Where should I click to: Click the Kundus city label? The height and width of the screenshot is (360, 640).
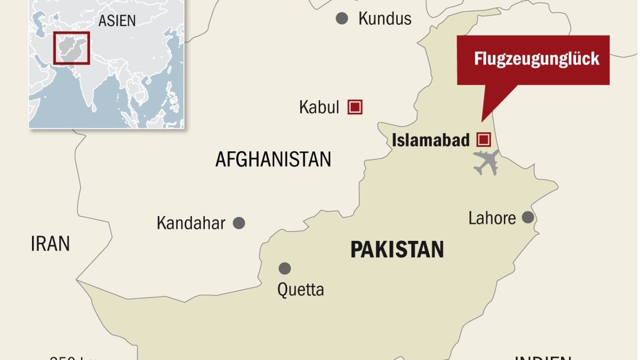click(385, 19)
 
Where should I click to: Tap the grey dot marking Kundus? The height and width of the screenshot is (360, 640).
click(342, 19)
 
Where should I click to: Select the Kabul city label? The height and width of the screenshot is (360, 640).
click(319, 107)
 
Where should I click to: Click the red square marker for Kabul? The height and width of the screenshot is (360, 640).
click(355, 107)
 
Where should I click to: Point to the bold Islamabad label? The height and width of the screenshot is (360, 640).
click(431, 140)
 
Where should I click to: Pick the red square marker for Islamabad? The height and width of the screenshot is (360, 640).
click(484, 140)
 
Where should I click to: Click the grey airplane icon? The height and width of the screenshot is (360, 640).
click(486, 162)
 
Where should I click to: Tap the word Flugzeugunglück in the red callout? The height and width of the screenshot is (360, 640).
click(537, 59)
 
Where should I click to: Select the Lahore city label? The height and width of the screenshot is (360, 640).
click(492, 218)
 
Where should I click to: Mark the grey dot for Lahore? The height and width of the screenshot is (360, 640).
click(527, 217)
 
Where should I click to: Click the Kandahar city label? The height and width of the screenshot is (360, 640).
click(191, 223)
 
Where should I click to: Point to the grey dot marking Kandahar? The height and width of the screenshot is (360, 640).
click(239, 223)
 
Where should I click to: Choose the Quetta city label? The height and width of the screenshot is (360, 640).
click(300, 290)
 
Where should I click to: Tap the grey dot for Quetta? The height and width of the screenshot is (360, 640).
click(285, 268)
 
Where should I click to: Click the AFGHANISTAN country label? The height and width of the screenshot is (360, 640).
click(273, 159)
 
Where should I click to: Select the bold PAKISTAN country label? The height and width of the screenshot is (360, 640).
click(397, 249)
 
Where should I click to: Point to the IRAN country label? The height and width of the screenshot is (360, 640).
click(50, 244)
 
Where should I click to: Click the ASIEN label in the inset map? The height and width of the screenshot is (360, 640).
click(117, 21)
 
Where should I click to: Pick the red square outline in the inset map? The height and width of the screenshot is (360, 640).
click(71, 48)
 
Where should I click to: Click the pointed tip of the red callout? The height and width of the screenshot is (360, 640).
click(482, 121)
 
